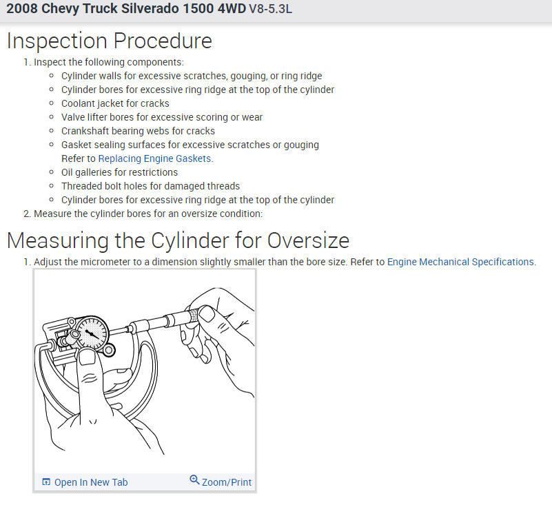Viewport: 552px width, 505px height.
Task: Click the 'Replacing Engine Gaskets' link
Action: (154, 158)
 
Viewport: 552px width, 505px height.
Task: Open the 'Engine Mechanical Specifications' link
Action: (460, 262)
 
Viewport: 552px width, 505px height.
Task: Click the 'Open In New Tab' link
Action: (91, 482)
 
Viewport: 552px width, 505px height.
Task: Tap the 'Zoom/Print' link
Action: (227, 482)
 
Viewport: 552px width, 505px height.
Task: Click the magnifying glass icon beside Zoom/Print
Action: (194, 480)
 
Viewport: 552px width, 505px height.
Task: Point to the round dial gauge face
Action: (92, 333)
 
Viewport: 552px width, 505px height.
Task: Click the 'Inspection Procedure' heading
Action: (110, 41)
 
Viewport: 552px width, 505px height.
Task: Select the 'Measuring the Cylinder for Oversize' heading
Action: (178, 240)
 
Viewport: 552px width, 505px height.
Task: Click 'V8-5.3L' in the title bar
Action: (270, 9)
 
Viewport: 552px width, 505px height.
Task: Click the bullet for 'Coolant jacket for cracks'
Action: (52, 103)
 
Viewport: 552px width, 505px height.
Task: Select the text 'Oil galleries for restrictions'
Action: (119, 172)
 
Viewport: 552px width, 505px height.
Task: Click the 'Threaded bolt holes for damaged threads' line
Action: (150, 186)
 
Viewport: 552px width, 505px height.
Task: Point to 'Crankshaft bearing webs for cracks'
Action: (138, 132)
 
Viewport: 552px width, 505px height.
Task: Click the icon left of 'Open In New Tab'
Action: (46, 482)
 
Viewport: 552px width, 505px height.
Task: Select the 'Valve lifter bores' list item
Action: (162, 118)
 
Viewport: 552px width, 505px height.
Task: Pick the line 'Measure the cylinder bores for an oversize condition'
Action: (148, 214)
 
